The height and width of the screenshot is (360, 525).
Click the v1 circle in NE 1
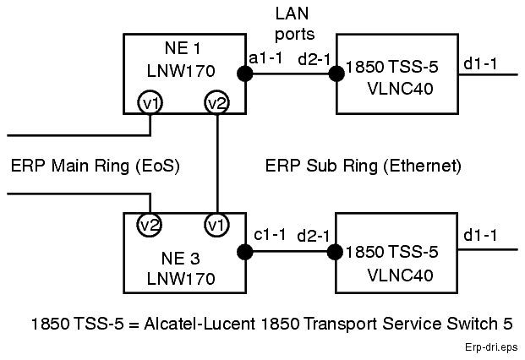[150, 103]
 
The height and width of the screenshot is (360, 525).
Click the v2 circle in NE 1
[217, 103]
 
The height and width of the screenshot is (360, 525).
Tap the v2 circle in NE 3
[150, 226]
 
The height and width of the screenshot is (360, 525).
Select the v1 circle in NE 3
[217, 226]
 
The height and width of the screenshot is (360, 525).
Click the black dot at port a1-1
[245, 74]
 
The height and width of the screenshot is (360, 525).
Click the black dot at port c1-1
[245, 251]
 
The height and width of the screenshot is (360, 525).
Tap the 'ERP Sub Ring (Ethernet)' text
[364, 166]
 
